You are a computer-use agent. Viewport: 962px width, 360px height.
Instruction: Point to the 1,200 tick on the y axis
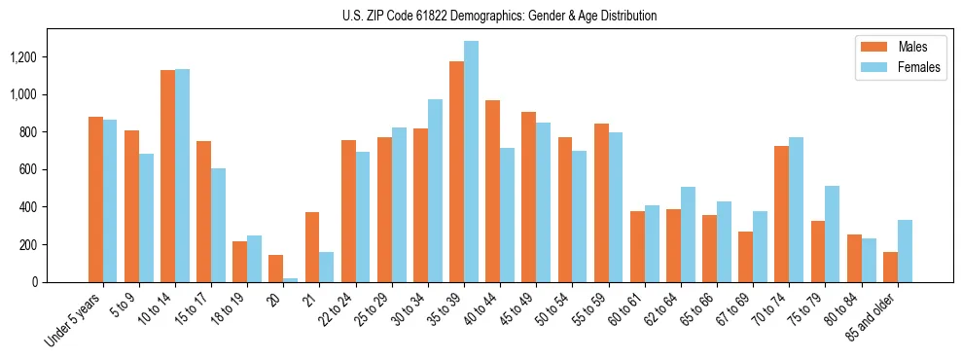(x=22, y=57)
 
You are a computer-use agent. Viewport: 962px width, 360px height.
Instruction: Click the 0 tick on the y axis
(x=34, y=282)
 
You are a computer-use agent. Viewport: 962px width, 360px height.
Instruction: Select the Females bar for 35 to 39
(x=471, y=162)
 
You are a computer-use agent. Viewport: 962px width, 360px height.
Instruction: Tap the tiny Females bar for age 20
(x=291, y=280)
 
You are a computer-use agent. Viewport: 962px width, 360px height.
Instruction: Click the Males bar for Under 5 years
(x=95, y=199)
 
